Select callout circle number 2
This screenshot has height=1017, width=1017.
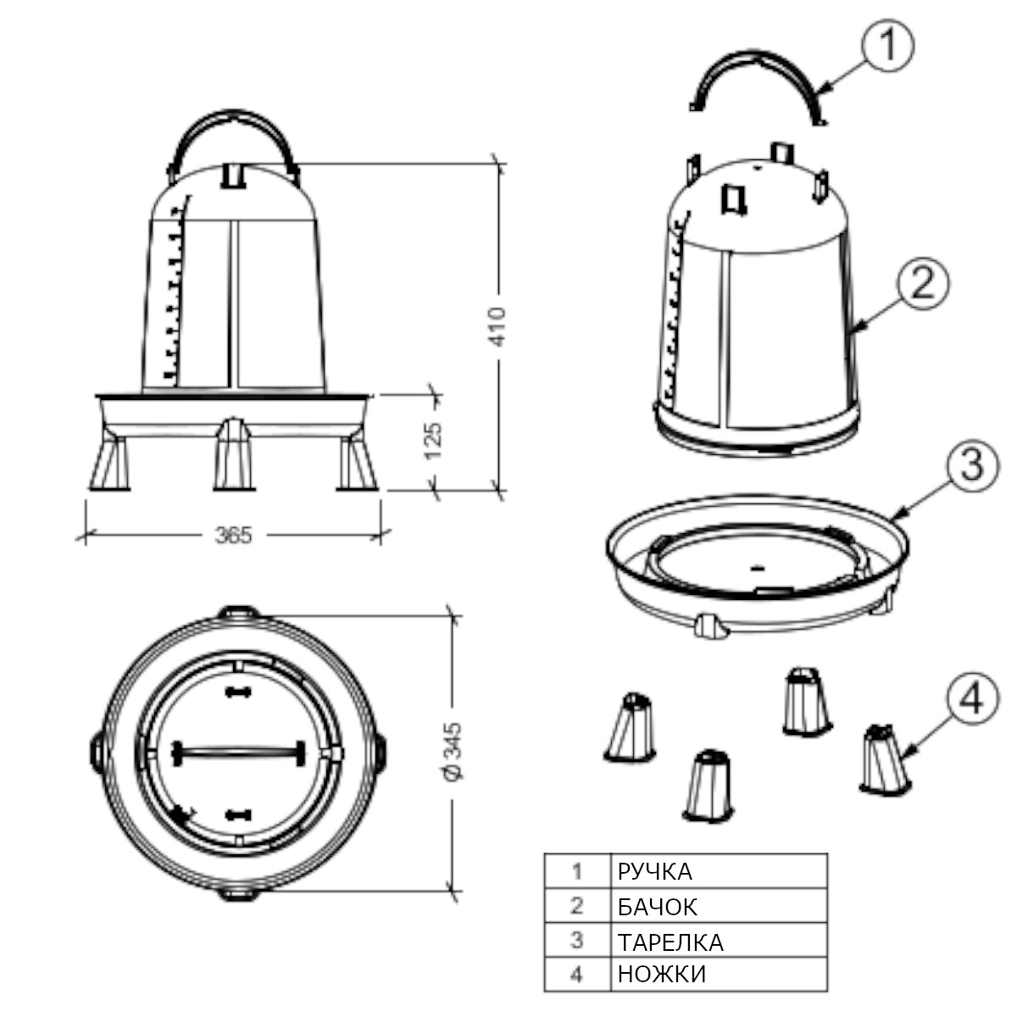coord(922,284)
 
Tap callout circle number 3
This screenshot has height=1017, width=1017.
coord(972,465)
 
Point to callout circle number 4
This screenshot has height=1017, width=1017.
coord(972,698)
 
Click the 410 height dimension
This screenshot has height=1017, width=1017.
coord(497,326)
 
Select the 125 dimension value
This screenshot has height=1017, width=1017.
coord(433,441)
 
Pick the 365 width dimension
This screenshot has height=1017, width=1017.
coord(234,536)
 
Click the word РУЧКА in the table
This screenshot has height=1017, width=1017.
coord(654,872)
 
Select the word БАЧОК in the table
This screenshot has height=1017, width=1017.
coord(658,907)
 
